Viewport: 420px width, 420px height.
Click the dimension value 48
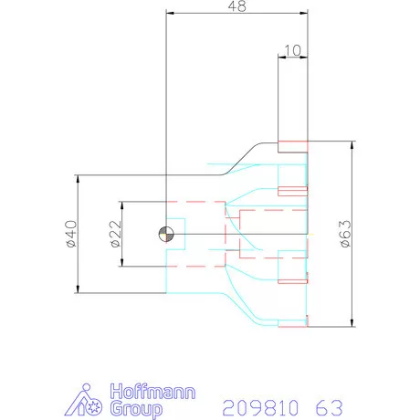coord(236,7)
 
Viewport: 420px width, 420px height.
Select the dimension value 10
coord(292,49)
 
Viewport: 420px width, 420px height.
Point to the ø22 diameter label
coord(114,234)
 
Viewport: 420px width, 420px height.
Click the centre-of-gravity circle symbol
coord(164,233)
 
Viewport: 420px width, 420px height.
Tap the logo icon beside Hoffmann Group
coord(89,399)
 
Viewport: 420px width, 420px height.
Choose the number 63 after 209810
coord(331,405)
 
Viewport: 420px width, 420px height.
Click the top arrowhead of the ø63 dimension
coord(352,145)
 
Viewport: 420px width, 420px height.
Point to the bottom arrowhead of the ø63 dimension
coord(352,322)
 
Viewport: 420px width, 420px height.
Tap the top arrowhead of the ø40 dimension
coord(77,179)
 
